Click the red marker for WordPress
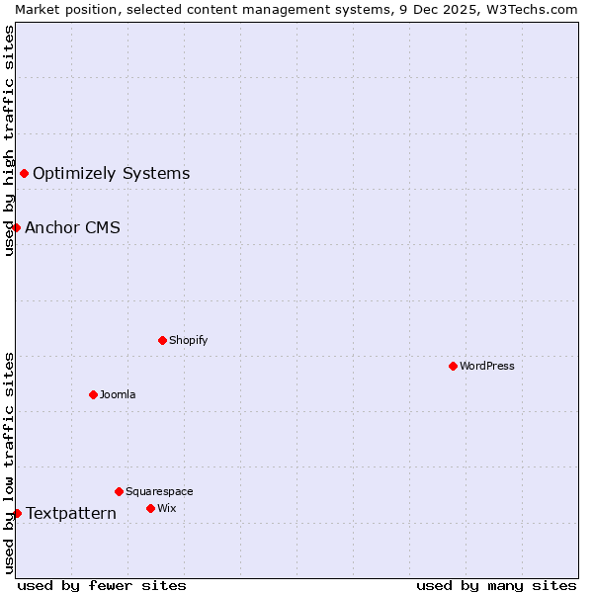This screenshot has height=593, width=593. click(x=453, y=366)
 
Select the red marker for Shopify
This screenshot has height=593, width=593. click(x=162, y=340)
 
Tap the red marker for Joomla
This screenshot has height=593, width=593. click(x=93, y=394)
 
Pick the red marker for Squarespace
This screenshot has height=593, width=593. click(x=119, y=491)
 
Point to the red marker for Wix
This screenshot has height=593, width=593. click(x=150, y=508)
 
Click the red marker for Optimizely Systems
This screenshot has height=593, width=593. click(x=24, y=174)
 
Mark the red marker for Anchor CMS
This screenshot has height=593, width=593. click(x=16, y=228)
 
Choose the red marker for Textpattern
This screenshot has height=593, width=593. click(x=17, y=513)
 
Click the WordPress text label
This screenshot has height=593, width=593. click(x=487, y=366)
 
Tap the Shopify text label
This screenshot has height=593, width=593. click(x=189, y=340)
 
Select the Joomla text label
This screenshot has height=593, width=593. click(x=118, y=394)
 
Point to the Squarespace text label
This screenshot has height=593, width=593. click(x=159, y=491)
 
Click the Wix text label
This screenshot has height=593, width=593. click(x=167, y=508)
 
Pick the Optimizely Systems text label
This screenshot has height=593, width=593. click(x=111, y=174)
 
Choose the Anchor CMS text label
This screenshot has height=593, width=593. click(x=72, y=228)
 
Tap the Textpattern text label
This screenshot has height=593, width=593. click(x=71, y=513)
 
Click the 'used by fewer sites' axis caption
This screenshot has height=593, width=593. click(x=102, y=585)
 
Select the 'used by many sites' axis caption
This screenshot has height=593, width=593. click(x=496, y=585)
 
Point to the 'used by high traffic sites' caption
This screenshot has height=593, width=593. click(x=9, y=140)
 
